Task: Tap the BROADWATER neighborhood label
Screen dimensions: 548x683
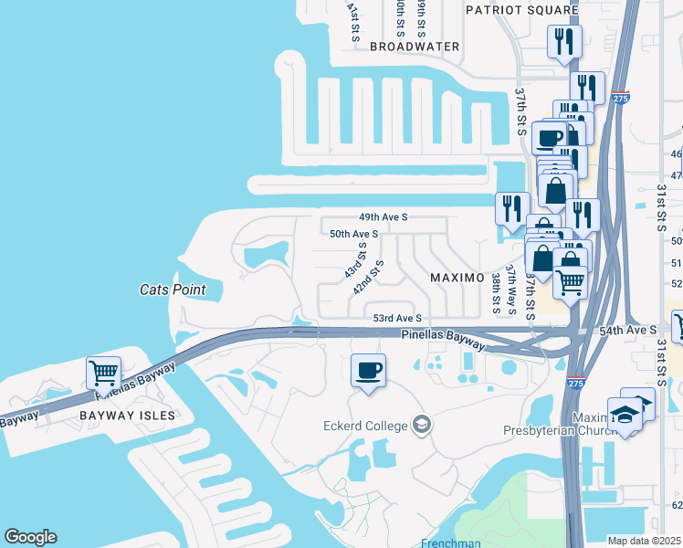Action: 415,46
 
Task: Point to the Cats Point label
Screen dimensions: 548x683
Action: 172,290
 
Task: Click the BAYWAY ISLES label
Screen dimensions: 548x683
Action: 126,415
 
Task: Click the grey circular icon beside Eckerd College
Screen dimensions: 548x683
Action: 422,424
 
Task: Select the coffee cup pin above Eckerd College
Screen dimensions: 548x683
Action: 368,371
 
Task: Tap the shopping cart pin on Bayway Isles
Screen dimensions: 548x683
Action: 103,374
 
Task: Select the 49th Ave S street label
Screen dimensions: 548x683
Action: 383,217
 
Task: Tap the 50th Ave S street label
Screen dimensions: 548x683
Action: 353,234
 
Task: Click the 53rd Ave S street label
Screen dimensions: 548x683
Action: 397,318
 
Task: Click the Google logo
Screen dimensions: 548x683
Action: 30,537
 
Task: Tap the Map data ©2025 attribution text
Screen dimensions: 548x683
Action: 645,541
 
